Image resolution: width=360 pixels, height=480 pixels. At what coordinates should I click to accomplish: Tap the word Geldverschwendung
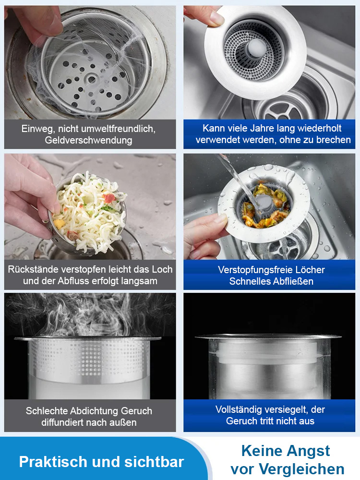[88, 140]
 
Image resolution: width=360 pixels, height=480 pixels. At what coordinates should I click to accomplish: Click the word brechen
[334, 140]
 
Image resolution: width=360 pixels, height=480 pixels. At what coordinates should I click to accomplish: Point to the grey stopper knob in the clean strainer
[256, 48]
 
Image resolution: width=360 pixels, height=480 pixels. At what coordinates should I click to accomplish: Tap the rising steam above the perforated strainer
[89, 315]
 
